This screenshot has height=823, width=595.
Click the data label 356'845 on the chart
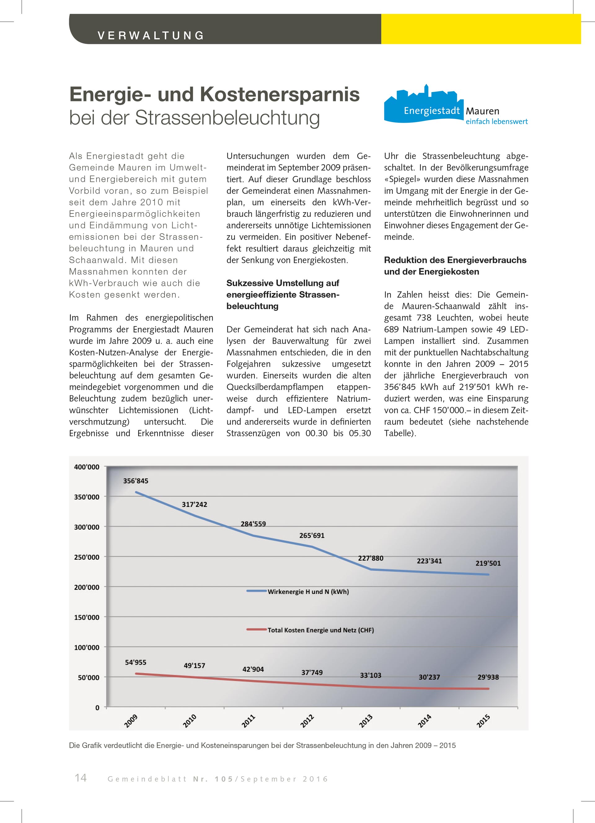point(135,481)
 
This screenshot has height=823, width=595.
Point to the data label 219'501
point(488,563)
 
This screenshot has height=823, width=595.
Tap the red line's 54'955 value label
point(135,662)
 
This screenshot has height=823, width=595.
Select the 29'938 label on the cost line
point(488,677)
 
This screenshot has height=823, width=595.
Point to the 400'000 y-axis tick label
point(86,467)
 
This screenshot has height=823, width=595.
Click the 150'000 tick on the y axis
point(86,617)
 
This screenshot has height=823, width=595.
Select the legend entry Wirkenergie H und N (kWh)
point(308,592)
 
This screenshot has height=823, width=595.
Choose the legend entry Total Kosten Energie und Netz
point(320,630)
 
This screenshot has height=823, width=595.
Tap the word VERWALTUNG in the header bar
point(151,36)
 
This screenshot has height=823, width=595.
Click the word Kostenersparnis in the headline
point(280,94)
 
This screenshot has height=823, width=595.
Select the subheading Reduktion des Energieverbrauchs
point(455,260)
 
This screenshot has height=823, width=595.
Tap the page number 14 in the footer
point(81,778)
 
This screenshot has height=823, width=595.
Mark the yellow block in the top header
point(481,29)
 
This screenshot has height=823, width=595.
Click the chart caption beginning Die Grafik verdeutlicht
point(262,745)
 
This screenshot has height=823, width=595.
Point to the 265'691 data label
point(311,535)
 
